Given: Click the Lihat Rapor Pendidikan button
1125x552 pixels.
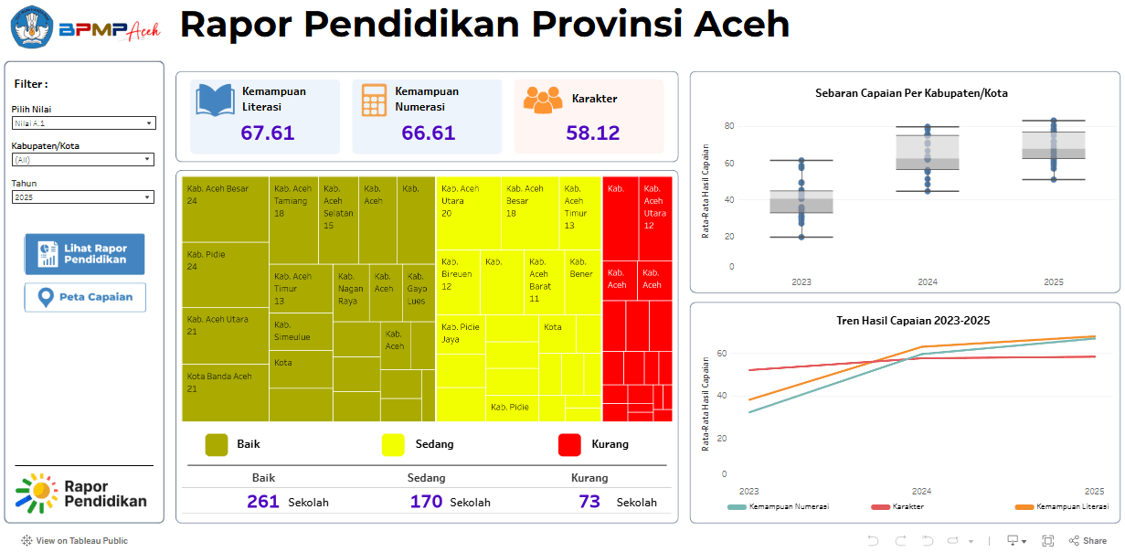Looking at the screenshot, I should pyautogui.click(x=84, y=254).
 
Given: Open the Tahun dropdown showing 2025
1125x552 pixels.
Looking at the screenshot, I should pyautogui.click(x=83, y=197).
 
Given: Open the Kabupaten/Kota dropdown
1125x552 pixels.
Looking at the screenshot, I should pyautogui.click(x=83, y=159).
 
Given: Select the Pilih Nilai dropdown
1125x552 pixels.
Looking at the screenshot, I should pyautogui.click(x=83, y=122).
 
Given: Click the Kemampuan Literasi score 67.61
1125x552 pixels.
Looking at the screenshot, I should pyautogui.click(x=267, y=133).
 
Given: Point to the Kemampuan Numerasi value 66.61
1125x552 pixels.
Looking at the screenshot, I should pyautogui.click(x=428, y=133).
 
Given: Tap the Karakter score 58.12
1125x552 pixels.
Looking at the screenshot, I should pyautogui.click(x=592, y=133).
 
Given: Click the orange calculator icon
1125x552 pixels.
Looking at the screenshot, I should pyautogui.click(x=373, y=100).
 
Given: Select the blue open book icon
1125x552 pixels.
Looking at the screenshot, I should pyautogui.click(x=215, y=100).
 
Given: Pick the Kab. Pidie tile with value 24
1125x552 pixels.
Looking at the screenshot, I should pyautogui.click(x=225, y=274).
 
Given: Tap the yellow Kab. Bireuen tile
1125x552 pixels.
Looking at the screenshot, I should pyautogui.click(x=458, y=279).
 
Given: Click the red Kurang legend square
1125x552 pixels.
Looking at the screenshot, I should pyautogui.click(x=569, y=444).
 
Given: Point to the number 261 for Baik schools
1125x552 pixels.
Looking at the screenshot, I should pyautogui.click(x=263, y=502).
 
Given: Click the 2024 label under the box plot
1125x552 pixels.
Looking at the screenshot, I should pyautogui.click(x=927, y=282).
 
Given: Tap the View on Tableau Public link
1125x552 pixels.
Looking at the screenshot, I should pyautogui.click(x=75, y=541).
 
